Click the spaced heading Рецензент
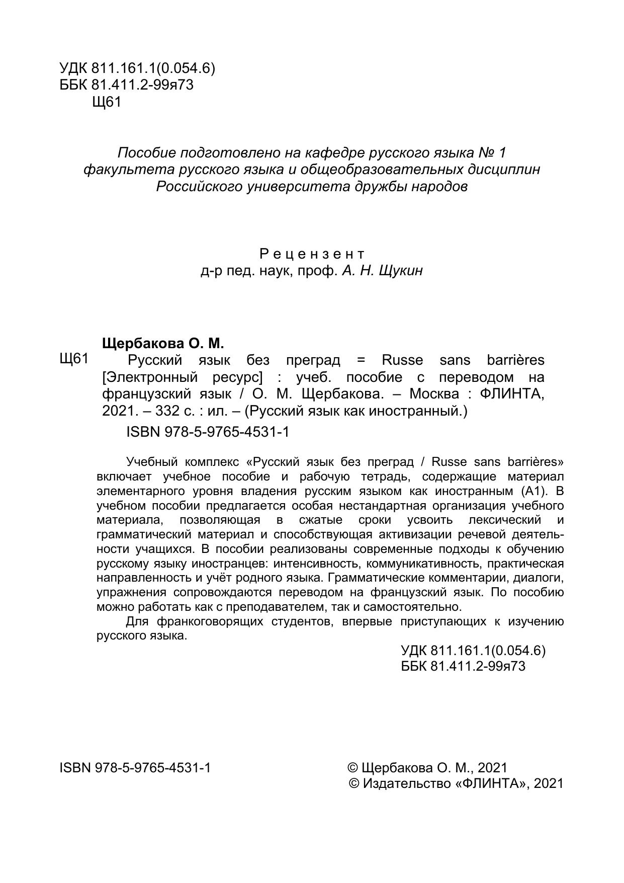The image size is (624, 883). pyautogui.click(x=312, y=254)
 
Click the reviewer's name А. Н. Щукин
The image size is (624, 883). pyautogui.click(x=382, y=271)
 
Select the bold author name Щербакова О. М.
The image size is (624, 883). pyautogui.click(x=162, y=344)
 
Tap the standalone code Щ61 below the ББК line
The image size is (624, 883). pyautogui.click(x=107, y=102)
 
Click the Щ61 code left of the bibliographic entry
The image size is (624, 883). pyautogui.click(x=74, y=359)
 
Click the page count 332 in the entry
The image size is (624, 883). pyautogui.click(x=167, y=411)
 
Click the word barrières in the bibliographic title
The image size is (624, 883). pyautogui.click(x=515, y=360)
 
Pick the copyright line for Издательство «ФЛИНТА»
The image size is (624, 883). pyautogui.click(x=456, y=783)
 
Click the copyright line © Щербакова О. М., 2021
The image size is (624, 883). pyautogui.click(x=427, y=768)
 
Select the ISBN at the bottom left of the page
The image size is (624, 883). pyautogui.click(x=135, y=768)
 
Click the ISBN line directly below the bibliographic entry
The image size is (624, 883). pyautogui.click(x=208, y=432)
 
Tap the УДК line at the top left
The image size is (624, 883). pyautogui.click(x=137, y=68)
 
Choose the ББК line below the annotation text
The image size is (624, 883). pyautogui.click(x=463, y=666)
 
